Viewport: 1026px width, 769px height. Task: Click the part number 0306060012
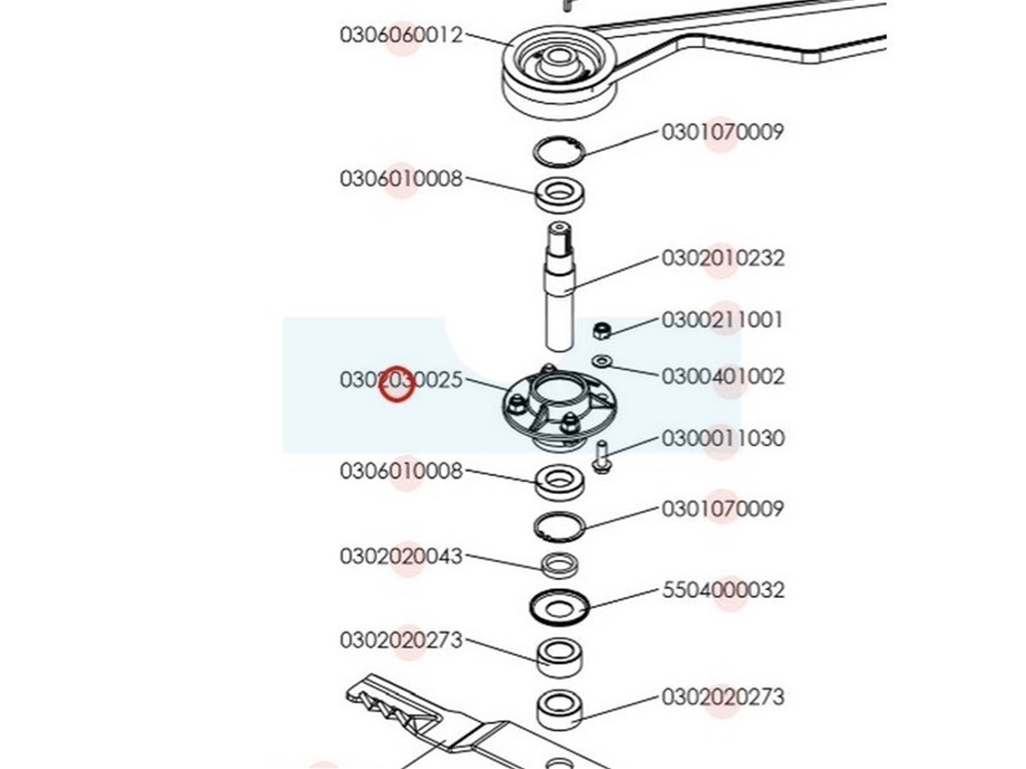[x=401, y=35]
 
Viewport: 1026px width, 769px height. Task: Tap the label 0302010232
[x=722, y=258]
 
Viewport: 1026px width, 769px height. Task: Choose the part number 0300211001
[x=722, y=320]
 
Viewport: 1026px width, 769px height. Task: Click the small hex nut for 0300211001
[x=602, y=330]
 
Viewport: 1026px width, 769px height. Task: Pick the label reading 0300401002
[x=722, y=377]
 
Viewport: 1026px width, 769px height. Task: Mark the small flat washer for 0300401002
[x=601, y=361]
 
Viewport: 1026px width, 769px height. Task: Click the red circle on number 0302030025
[x=397, y=384]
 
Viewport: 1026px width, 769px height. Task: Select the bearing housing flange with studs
[x=560, y=407]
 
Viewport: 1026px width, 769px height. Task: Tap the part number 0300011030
[x=722, y=438]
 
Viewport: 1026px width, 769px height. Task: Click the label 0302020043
[x=401, y=557]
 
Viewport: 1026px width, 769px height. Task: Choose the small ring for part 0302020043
[x=559, y=565]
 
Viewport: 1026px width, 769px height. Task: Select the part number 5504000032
[x=722, y=590]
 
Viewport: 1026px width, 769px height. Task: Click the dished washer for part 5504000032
[x=559, y=608]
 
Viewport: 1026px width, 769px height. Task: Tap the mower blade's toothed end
[x=386, y=703]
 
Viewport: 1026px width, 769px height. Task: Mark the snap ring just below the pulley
[x=558, y=153]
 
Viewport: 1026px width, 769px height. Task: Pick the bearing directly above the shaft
[x=560, y=194]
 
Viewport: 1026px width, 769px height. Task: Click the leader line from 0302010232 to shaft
[x=614, y=273]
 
